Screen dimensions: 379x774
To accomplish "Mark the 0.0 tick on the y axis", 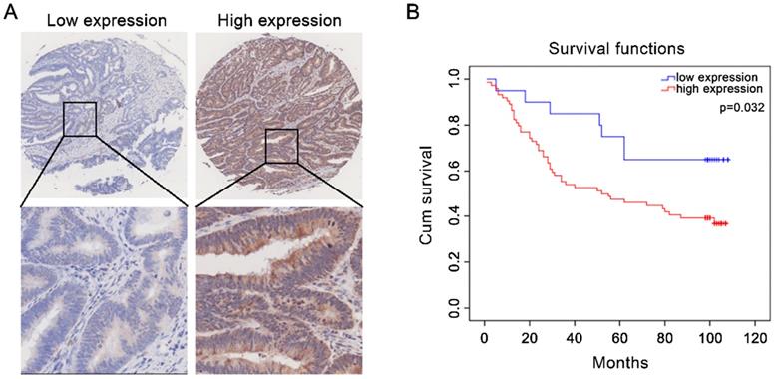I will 455,311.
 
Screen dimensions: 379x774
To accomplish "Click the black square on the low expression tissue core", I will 80,119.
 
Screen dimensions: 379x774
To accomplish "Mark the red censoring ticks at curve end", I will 714,223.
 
